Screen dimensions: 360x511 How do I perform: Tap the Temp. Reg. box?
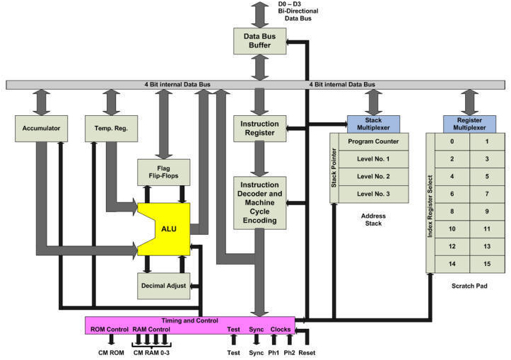click(111, 128)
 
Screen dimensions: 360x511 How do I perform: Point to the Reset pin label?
click(306, 352)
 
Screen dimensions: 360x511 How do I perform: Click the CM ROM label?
click(111, 352)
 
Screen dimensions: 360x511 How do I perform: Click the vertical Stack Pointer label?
click(334, 167)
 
